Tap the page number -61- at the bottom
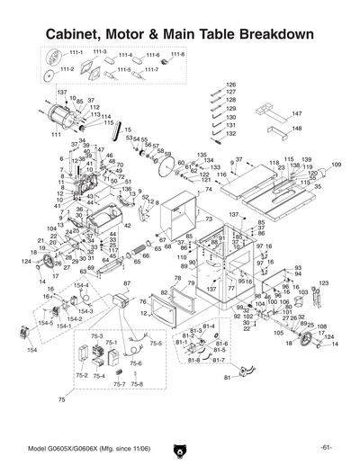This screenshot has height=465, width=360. [x=326, y=448]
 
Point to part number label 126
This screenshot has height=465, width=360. [x=230, y=84]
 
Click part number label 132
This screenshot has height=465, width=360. [x=230, y=133]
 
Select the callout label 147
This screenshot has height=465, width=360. [x=297, y=114]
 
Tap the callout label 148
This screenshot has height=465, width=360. [x=297, y=128]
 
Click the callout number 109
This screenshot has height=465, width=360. [x=336, y=165]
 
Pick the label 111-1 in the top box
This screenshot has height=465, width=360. [x=76, y=52]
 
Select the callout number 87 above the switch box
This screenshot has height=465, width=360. [x=126, y=283]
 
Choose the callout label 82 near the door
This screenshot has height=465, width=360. [x=163, y=293]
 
